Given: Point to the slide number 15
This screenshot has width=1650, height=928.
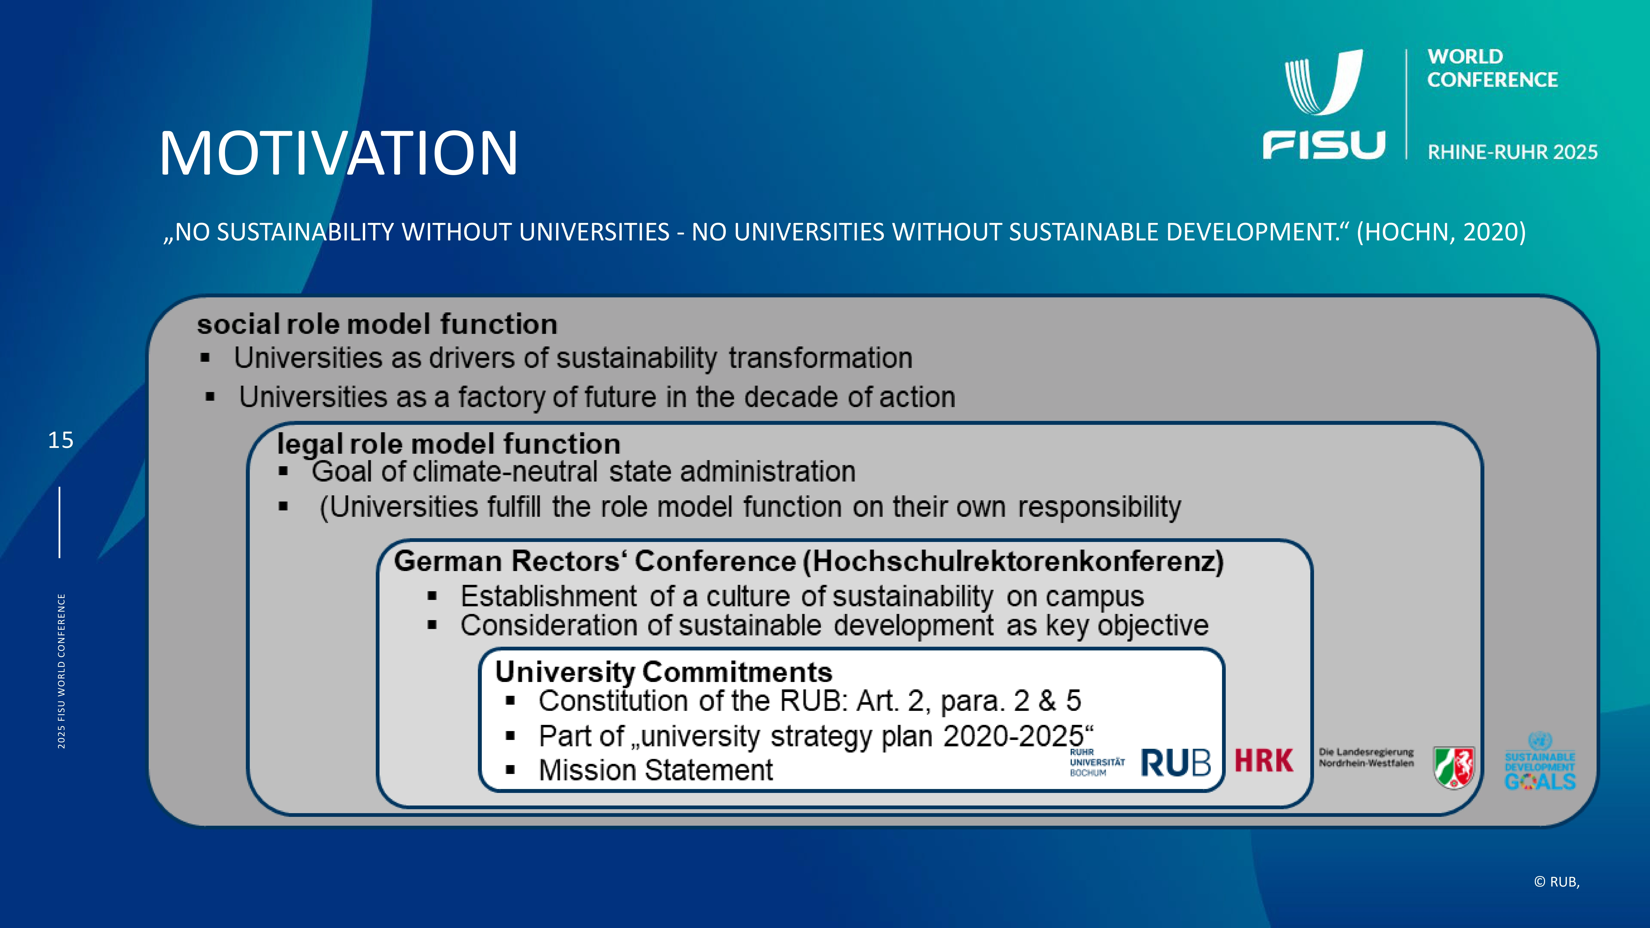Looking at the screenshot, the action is click(61, 440).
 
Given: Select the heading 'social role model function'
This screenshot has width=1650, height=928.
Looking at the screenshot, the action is click(377, 324).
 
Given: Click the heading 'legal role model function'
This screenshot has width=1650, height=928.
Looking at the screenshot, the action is click(448, 444).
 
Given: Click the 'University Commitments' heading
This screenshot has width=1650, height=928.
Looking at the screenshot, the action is click(664, 672).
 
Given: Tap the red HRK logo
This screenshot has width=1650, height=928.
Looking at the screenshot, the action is click(1264, 761).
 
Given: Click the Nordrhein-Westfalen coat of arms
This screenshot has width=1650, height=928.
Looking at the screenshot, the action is click(1454, 767).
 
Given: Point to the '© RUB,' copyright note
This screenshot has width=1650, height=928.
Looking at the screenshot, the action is click(1557, 882).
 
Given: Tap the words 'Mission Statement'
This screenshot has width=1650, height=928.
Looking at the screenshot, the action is click(656, 770).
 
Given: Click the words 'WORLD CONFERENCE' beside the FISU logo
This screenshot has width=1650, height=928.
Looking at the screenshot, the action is click(1492, 68).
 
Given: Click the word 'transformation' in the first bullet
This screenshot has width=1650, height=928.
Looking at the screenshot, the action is click(820, 358).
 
